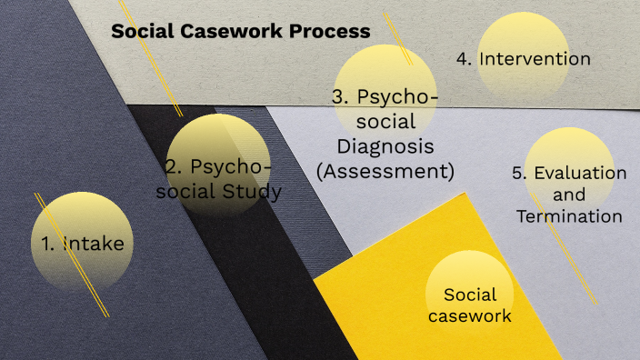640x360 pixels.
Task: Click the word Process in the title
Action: coord(329,32)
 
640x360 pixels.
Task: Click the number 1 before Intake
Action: coord(49,243)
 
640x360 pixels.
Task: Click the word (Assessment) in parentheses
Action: coord(385,169)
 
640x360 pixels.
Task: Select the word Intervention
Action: coord(535,59)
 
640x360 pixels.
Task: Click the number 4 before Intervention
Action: coord(464,59)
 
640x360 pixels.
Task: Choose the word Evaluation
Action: coord(580,173)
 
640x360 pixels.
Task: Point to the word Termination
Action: coord(569,216)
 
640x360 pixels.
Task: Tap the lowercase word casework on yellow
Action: coord(470,316)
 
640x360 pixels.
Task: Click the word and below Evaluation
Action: coord(569,195)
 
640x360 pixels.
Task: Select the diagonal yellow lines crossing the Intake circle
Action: coord(72,255)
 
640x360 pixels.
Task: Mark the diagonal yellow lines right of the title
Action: coord(398,38)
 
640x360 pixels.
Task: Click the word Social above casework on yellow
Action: coord(470,295)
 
